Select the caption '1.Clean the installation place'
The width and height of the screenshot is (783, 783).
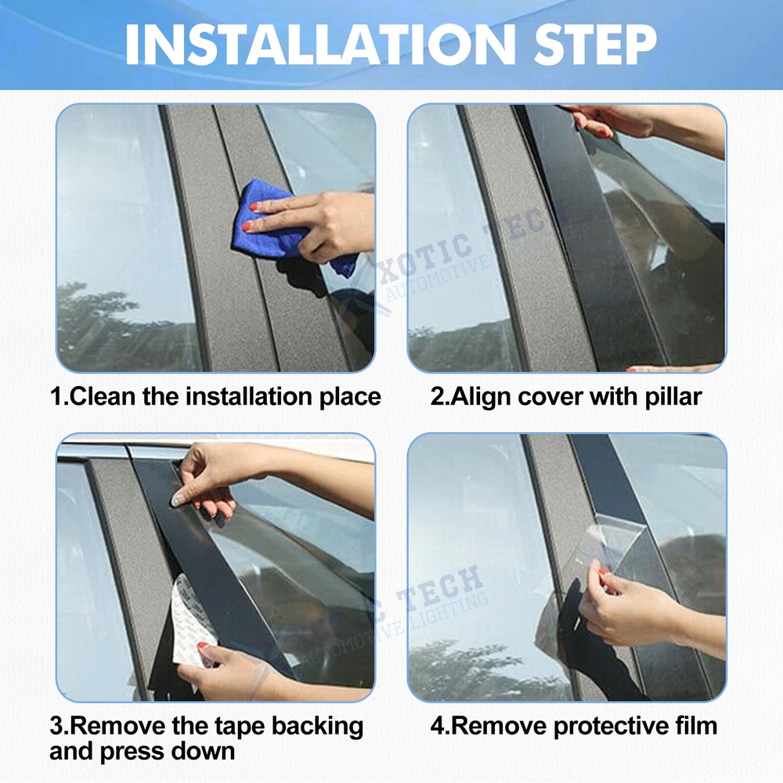coord(215,396)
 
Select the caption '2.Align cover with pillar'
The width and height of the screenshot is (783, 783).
coord(565,396)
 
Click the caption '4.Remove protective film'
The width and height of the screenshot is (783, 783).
coord(573,725)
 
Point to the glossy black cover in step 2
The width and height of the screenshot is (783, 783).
coord(579,235)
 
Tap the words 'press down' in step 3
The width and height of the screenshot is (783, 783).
coord(171,752)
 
